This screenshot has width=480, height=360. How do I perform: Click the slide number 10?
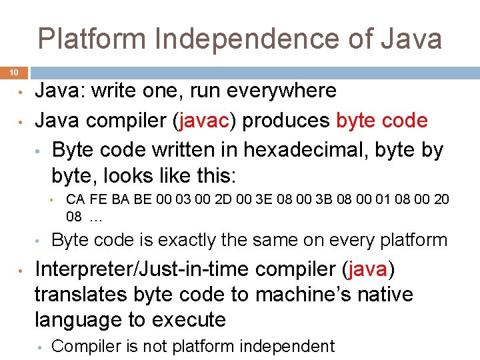(x=14, y=72)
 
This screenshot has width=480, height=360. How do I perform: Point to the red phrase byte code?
(x=382, y=121)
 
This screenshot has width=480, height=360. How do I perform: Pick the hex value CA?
(x=75, y=199)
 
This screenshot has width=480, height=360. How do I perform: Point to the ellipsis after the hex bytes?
(x=96, y=216)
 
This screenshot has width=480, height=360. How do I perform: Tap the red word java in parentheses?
(x=367, y=270)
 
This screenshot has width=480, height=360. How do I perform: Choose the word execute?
(x=190, y=319)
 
